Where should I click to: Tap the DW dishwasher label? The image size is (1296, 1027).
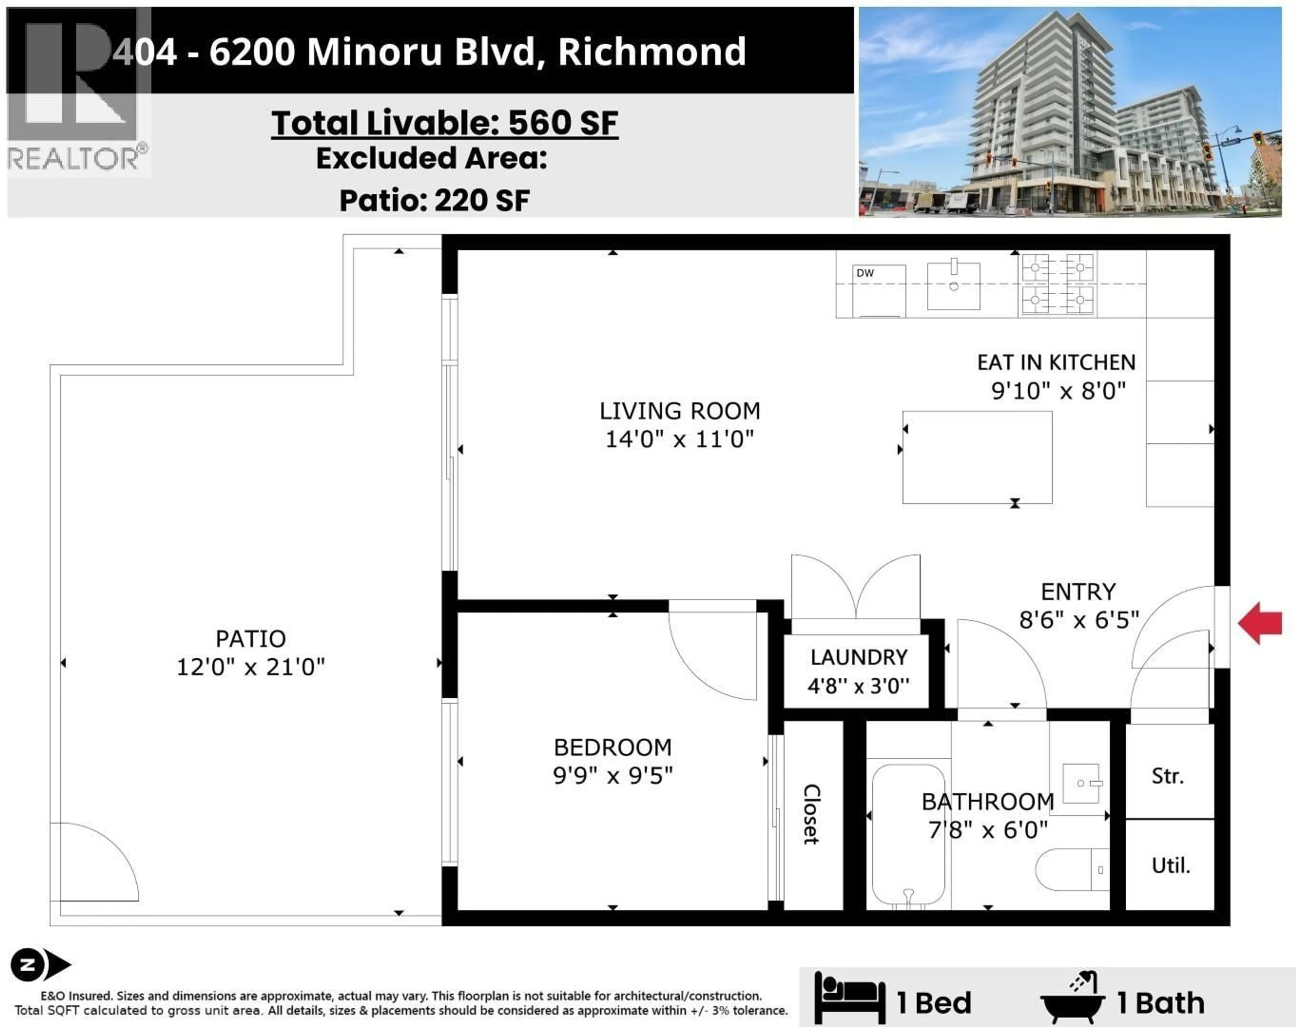click(865, 273)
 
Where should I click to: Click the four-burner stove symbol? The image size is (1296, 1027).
click(1057, 283)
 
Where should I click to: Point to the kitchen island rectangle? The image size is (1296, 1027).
click(977, 457)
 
